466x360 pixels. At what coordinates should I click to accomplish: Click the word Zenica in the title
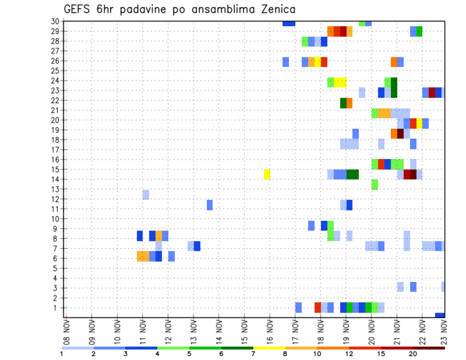(277, 9)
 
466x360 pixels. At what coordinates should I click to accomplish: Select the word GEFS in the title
(78, 9)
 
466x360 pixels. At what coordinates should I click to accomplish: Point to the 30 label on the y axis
(55, 21)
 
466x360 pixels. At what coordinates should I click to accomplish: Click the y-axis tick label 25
(55, 71)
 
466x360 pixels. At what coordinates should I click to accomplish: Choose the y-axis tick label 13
(55, 189)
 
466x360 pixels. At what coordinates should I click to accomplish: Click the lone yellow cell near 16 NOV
(267, 174)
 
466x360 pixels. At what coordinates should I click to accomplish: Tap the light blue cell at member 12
(146, 195)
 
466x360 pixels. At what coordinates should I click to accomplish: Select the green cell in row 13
(375, 184)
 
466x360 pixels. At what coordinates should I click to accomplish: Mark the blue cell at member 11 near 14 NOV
(210, 205)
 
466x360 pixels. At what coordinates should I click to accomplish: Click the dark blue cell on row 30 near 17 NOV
(289, 23)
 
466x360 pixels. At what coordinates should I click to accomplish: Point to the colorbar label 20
(413, 354)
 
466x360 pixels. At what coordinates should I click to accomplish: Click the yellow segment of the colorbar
(269, 348)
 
